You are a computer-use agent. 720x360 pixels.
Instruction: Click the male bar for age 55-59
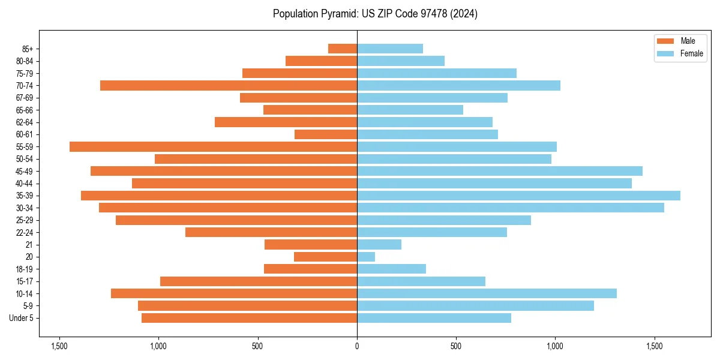[213, 146]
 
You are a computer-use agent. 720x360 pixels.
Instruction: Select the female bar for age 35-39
[518, 196]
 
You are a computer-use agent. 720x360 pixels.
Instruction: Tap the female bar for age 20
[366, 257]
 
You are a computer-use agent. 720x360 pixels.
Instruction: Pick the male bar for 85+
[343, 49]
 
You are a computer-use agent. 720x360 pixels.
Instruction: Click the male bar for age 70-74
[229, 85]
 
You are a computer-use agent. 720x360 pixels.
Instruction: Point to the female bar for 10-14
[487, 293]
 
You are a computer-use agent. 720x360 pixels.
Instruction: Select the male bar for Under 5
[249, 318]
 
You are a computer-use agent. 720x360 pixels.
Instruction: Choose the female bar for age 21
[379, 244]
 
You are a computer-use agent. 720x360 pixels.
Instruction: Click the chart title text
[375, 14]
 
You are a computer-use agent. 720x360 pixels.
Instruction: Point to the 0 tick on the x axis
[357, 346]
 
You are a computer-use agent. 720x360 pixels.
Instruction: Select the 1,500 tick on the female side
[655, 346]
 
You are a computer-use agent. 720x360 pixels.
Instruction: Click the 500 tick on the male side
[258, 346]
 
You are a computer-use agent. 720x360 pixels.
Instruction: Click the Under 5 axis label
[22, 318]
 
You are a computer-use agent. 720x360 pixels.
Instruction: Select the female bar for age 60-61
[427, 134]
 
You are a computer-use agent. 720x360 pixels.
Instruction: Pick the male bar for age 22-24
[271, 232]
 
